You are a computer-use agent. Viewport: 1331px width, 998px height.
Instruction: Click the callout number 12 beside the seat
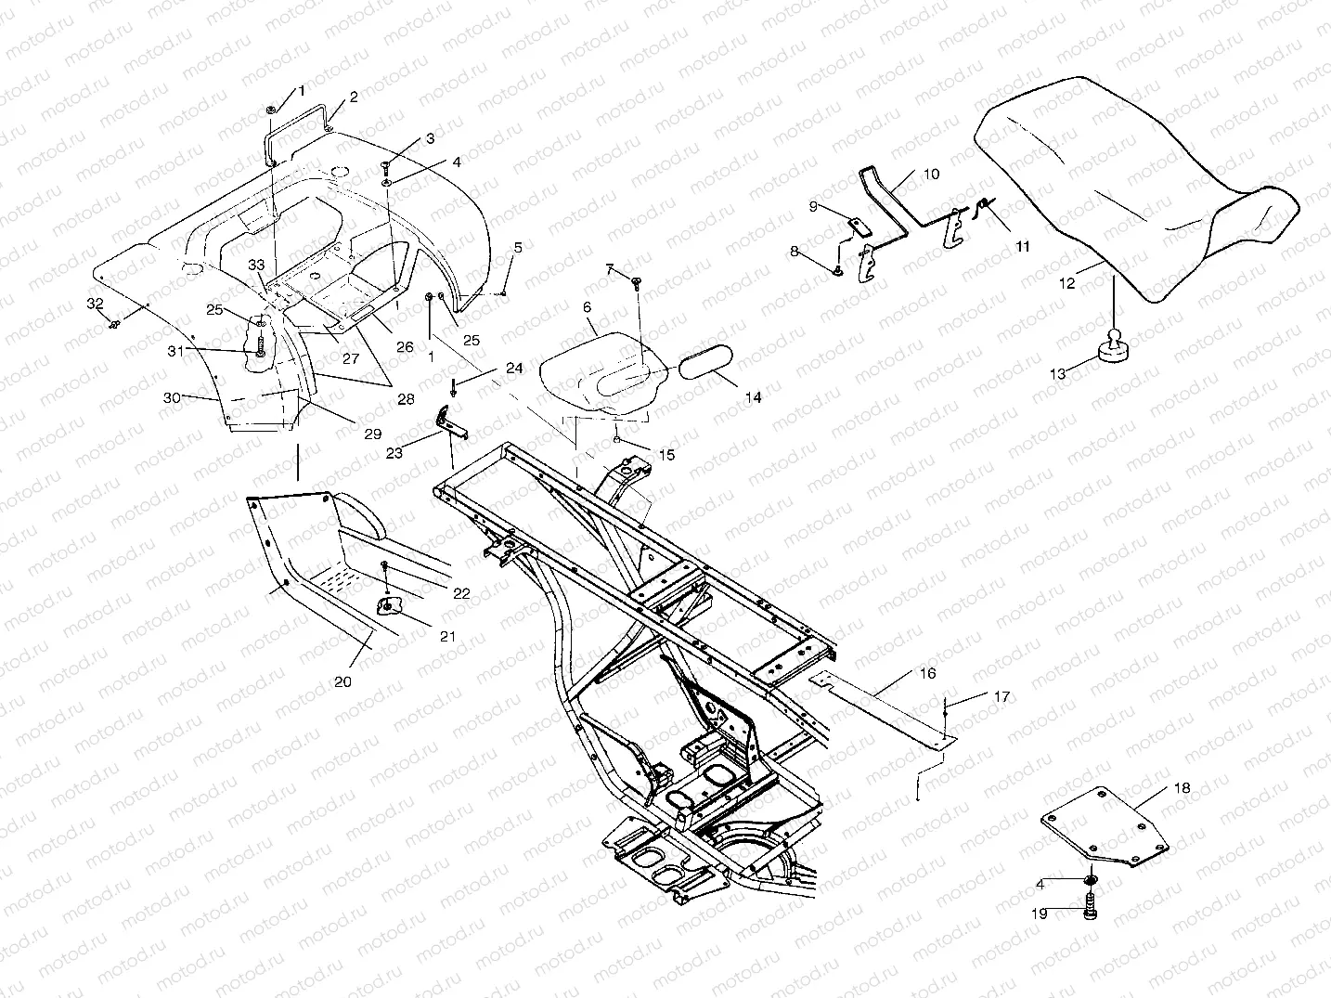1067,283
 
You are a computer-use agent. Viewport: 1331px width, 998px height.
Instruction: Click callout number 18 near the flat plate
1181,788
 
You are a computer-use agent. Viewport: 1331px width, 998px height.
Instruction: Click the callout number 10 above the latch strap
931,174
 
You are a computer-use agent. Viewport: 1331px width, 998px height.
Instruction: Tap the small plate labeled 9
859,225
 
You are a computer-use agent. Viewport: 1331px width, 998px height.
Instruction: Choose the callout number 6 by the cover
587,306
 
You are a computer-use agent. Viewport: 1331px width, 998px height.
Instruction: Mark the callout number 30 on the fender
171,397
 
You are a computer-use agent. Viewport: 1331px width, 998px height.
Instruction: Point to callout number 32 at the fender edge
95,304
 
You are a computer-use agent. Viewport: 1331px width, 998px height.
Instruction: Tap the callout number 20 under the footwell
343,680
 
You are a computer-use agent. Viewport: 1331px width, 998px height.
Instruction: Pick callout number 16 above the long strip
927,673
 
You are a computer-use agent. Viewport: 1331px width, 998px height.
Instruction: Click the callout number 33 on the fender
256,266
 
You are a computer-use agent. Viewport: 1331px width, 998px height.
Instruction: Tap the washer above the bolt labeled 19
1089,878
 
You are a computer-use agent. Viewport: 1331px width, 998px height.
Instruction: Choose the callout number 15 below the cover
666,455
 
